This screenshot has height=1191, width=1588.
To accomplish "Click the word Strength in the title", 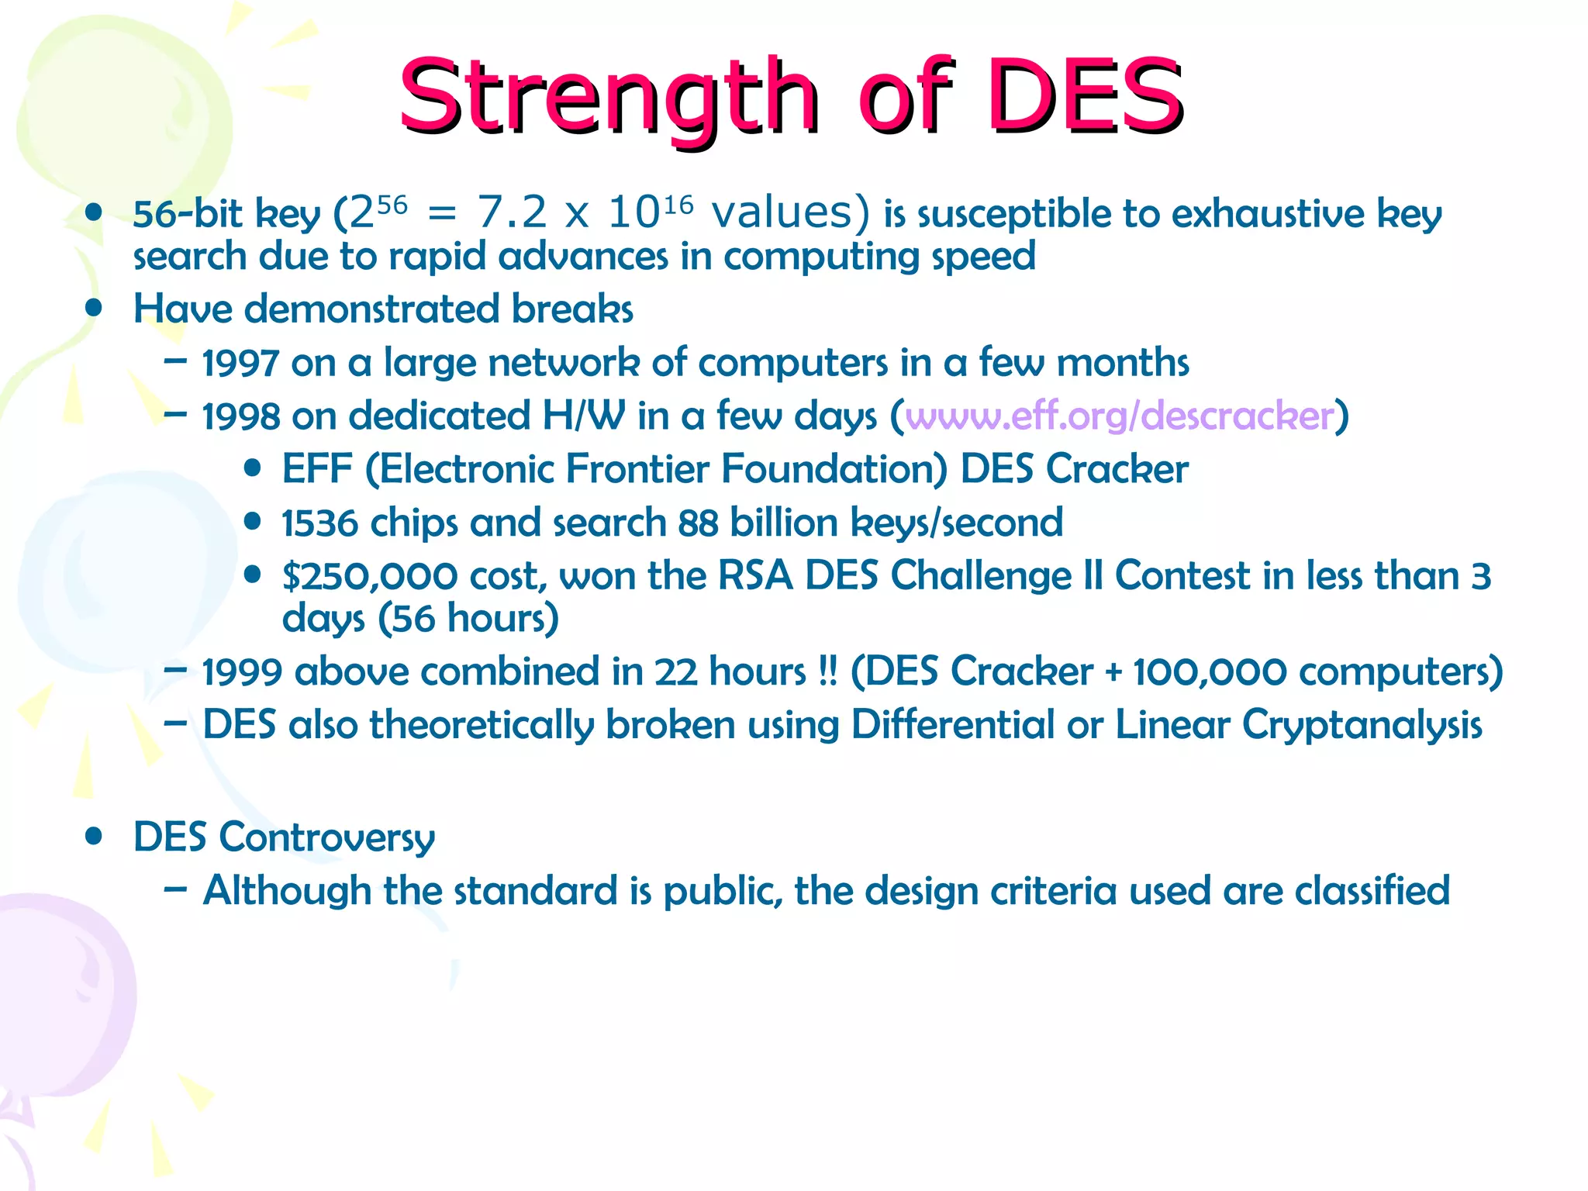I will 608,97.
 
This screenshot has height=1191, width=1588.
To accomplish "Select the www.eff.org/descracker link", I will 1119,416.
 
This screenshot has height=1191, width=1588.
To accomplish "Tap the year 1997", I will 240,364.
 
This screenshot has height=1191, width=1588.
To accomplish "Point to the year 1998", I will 240,417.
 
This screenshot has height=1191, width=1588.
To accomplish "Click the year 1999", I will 241,672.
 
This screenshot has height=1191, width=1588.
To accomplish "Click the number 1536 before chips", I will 319,523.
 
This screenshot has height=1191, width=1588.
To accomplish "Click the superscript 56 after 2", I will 392,205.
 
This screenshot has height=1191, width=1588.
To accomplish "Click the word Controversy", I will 326,838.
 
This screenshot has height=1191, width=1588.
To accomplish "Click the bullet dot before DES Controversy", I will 95,837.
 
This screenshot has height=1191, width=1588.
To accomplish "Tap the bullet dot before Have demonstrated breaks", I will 95,308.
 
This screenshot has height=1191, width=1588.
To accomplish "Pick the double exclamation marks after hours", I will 828,671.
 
